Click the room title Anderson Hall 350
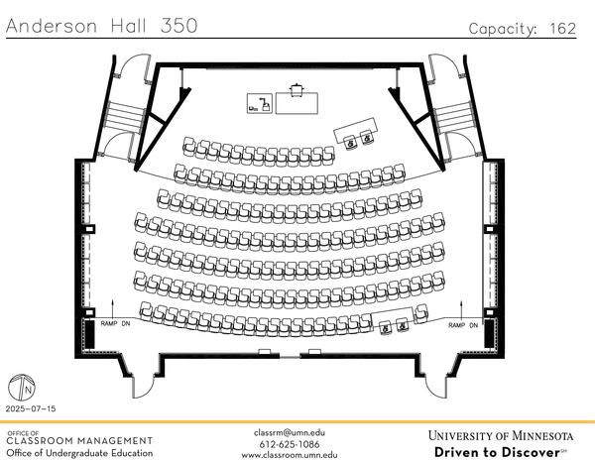tap(100, 26)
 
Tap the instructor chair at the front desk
tap(296, 89)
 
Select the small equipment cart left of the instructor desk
tap(259, 102)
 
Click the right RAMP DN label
tap(463, 325)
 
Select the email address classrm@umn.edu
tap(289, 433)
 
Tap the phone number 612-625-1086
tap(289, 444)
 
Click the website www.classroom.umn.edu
tap(289, 455)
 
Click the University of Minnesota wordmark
tap(501, 435)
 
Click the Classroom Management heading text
tap(79, 440)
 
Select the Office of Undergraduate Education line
tap(79, 453)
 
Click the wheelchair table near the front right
tap(357, 129)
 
